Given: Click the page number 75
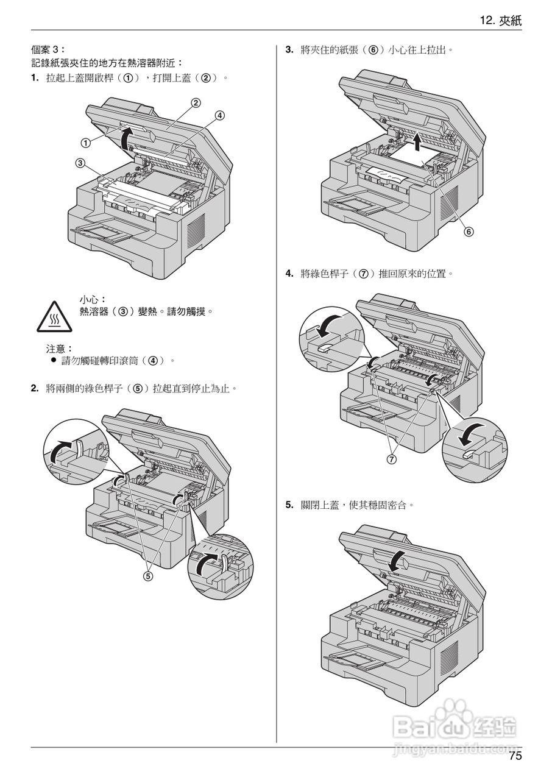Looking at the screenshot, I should [515, 757].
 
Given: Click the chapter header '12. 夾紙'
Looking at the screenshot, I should [501, 21].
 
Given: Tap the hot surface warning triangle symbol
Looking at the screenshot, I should [53, 316].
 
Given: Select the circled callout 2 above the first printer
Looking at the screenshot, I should [196, 102].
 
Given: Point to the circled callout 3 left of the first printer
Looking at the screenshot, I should [80, 163].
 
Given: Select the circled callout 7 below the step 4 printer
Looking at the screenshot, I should [391, 459].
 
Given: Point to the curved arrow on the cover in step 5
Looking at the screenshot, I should [397, 558].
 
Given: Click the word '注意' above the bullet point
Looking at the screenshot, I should [59, 349].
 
